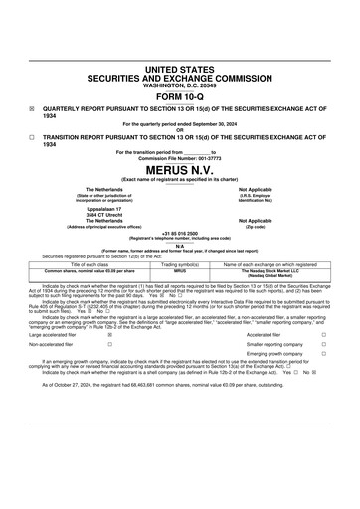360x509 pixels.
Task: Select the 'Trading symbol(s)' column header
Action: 181,264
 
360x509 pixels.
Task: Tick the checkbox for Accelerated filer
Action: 323,336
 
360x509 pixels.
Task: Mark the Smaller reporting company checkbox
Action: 323,347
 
